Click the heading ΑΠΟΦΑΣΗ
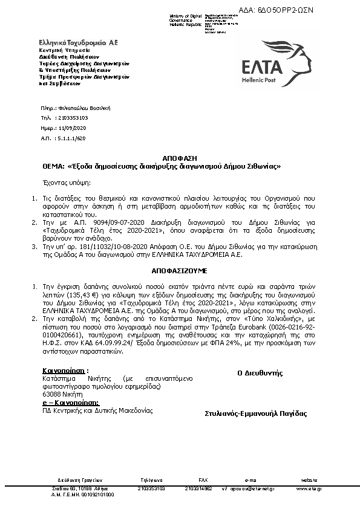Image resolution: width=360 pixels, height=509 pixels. (180, 159)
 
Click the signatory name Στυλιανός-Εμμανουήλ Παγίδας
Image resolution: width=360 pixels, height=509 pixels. (256, 414)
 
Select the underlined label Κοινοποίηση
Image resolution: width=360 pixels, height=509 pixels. (64, 370)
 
